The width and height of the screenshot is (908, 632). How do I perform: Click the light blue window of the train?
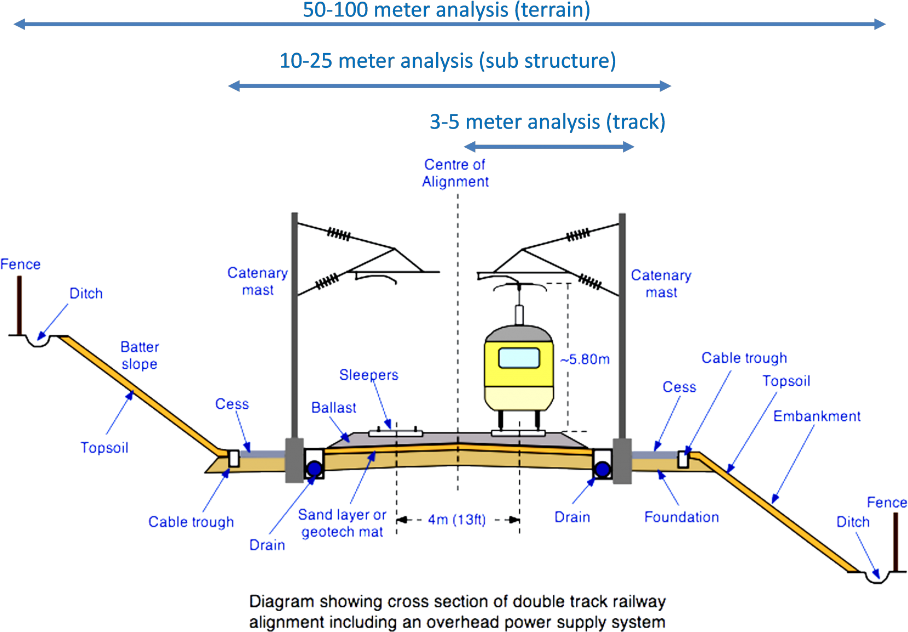pos(519,358)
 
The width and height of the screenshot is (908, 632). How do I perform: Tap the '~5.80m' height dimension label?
pos(585,359)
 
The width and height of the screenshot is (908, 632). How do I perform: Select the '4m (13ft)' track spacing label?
pos(457,519)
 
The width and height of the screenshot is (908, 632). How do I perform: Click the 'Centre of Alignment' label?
pos(455,173)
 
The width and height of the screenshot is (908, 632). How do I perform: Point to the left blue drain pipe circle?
pos(315,468)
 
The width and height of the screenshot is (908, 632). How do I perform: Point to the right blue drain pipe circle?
pos(603,469)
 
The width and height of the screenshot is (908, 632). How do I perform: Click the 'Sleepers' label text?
pos(369,375)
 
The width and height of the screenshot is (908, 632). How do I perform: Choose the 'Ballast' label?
pos(334,408)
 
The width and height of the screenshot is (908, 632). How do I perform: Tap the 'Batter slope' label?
pos(140,355)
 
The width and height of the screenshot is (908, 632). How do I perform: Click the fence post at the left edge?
pos(19,305)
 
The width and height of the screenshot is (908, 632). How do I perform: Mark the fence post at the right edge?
pos(895,542)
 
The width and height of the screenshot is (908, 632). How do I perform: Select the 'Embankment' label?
pos(817,416)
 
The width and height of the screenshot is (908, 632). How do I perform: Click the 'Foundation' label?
pos(681,517)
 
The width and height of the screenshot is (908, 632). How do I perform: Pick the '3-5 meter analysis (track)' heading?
pos(548,121)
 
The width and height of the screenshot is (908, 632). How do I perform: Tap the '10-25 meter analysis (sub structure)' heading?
pos(448,61)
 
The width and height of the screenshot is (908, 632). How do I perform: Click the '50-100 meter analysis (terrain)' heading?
pos(446,10)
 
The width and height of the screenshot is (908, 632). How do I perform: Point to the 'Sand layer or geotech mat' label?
pos(342,523)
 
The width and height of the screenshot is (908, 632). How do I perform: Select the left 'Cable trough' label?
pos(191,521)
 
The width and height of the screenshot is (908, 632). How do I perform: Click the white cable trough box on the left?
pos(234,459)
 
